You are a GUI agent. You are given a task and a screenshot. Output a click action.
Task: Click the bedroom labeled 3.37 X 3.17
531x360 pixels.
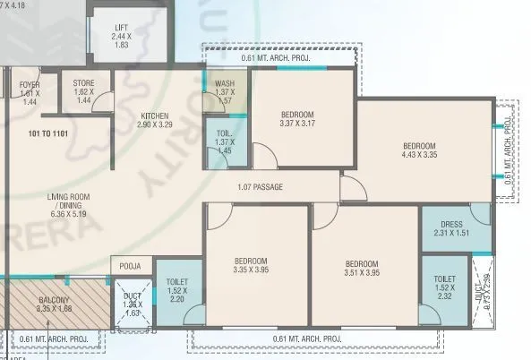pos(296,119)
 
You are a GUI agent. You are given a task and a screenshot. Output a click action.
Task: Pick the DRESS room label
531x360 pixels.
pos(452,229)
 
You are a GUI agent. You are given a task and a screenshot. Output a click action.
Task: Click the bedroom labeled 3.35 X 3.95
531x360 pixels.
pos(252,267)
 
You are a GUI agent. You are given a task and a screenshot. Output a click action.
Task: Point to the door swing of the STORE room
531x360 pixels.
pos(103,100)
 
